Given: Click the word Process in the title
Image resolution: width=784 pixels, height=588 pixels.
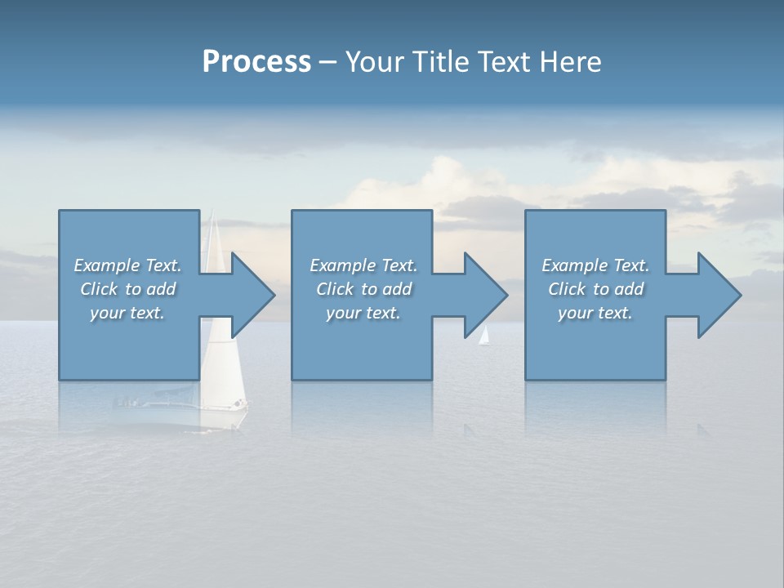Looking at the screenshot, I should tap(256, 62).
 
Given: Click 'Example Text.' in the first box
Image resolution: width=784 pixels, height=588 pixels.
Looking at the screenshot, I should tap(128, 265).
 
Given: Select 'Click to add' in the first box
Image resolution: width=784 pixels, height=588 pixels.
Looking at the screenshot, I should tap(128, 289).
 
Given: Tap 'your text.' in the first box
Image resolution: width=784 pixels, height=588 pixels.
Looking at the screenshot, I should tap(128, 313).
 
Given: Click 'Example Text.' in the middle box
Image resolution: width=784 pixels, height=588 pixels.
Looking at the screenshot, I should tap(363, 265).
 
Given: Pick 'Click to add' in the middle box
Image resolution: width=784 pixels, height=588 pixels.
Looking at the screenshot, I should tap(363, 289).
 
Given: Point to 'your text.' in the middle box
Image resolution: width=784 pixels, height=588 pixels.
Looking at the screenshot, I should tap(363, 313).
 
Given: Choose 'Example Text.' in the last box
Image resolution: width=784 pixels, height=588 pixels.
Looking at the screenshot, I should tap(595, 265).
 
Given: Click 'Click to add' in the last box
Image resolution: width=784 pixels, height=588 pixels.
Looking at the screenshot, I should tap(595, 289).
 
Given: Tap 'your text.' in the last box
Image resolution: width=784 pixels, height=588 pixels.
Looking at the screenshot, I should tap(595, 313).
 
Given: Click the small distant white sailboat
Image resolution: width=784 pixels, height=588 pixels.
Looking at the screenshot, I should tap(484, 336).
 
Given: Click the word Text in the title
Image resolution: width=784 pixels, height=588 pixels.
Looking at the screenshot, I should tap(502, 62).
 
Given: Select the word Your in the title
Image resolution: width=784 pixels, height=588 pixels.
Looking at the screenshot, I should tap(375, 62).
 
